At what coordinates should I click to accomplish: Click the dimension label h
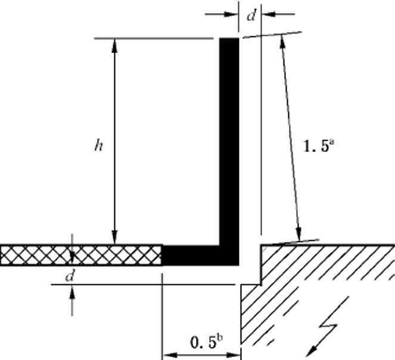98,145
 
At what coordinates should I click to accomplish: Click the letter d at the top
251,15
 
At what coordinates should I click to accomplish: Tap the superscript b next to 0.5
219,337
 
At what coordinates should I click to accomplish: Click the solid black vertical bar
229,141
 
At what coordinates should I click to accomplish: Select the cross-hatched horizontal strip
80,255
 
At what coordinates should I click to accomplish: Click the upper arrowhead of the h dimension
114,45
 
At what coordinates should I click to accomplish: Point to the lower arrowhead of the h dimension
114,237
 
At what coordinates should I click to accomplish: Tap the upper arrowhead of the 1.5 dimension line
282,42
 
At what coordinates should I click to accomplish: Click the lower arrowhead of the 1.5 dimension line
298,234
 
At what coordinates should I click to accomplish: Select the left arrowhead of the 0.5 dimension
170,355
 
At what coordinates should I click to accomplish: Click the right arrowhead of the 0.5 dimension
234,355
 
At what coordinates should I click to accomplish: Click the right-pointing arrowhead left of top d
231,14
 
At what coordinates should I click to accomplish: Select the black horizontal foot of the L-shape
200,255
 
